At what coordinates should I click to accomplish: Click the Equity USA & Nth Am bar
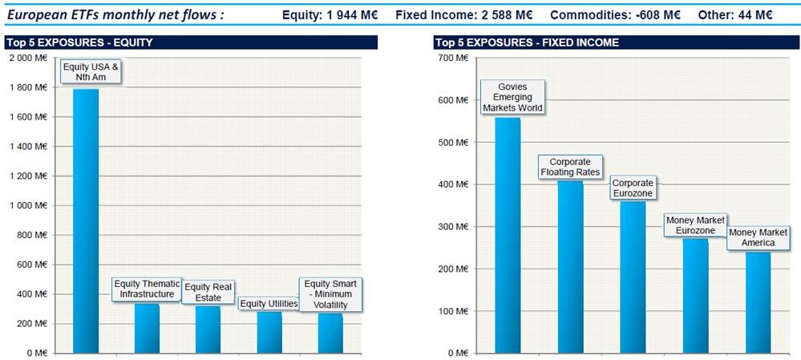(x=86, y=220)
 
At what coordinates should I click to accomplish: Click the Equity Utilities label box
(x=269, y=303)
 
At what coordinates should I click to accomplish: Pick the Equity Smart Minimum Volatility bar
(x=330, y=333)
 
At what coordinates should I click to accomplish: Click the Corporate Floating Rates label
(x=570, y=167)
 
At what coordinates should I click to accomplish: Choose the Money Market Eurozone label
(x=695, y=225)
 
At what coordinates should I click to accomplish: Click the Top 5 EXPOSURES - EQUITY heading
(x=79, y=42)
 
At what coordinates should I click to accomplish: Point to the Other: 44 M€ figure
(x=735, y=15)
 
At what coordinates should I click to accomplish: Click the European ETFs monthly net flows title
(x=115, y=15)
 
